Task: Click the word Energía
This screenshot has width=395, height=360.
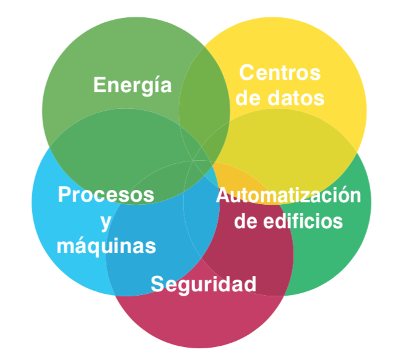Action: coord(132,85)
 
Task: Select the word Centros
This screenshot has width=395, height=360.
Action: coord(280,73)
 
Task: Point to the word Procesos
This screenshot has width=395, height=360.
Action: coord(106,195)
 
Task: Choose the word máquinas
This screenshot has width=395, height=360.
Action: coord(106,246)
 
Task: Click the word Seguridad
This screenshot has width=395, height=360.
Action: coord(204,285)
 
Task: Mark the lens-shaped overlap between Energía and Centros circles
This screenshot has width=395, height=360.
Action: coord(204,102)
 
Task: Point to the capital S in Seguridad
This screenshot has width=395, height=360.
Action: coord(158,285)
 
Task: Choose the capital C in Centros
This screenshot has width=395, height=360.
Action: coord(246,73)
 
